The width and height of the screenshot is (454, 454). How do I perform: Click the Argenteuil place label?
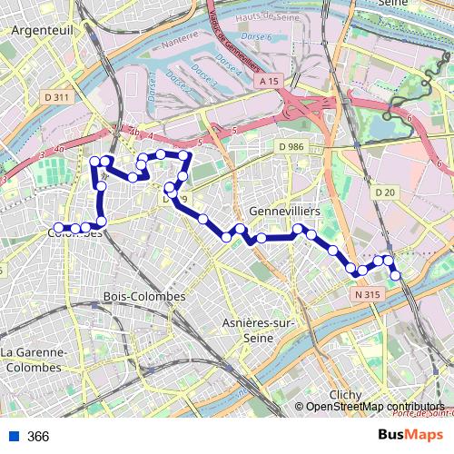point(43,30)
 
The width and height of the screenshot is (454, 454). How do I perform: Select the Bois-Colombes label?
point(145,297)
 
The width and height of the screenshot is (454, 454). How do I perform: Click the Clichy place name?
point(345,394)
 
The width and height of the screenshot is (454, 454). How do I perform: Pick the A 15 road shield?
point(267,82)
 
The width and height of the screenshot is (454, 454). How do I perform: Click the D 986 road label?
point(292,145)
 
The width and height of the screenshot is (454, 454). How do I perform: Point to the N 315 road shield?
point(367,295)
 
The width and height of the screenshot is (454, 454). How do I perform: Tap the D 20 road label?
point(385,192)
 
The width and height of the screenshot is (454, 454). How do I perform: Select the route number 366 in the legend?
point(38,436)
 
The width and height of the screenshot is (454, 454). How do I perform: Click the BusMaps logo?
point(410,435)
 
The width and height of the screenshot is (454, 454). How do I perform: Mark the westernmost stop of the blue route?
point(58,228)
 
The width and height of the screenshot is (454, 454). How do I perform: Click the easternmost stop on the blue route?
point(396,275)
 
